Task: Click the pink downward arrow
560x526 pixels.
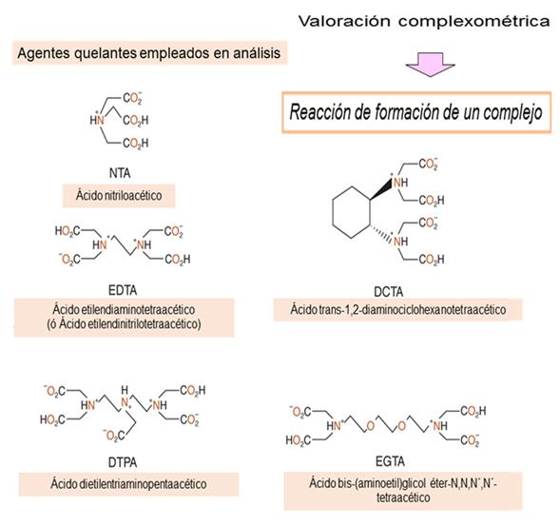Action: pos(430,65)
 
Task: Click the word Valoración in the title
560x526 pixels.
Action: pos(344,21)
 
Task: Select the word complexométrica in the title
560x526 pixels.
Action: pos(474,22)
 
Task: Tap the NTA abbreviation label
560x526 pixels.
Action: pos(120,173)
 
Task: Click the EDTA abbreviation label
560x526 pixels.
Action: pos(123,290)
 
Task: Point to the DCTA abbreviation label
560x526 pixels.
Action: pos(389,292)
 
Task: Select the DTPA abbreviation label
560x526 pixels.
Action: pos(123,463)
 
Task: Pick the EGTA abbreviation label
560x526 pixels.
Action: pos(390,461)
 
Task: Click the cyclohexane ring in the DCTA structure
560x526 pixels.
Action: pos(333,212)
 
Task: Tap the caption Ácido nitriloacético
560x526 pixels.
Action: pos(119,195)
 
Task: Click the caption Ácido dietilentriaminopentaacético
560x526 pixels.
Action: pos(128,484)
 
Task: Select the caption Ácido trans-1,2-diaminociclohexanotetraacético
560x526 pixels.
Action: pos(397,309)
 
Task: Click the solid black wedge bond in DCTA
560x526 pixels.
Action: pos(381,189)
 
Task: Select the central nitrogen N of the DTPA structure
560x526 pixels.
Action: pos(125,402)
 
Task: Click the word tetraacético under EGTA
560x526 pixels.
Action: pos(403,497)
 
